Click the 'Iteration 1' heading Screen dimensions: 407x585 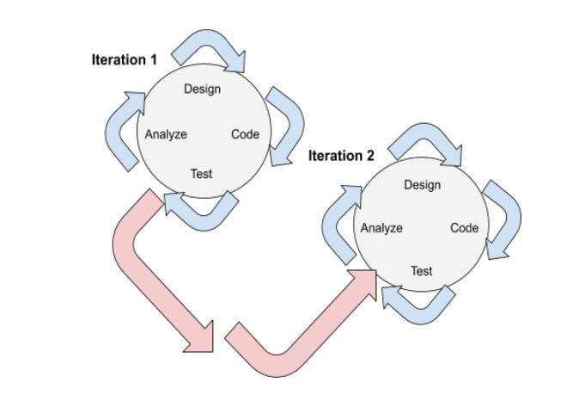point(125,60)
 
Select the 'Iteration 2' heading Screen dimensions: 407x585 point(341,156)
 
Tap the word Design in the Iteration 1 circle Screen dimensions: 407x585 point(202,89)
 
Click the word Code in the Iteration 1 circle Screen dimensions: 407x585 point(245,134)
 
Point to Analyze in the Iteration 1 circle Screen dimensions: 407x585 point(166,134)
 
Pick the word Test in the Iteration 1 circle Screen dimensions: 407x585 point(201,174)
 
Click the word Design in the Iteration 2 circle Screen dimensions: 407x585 point(422,184)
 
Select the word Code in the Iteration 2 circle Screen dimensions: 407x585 point(464,228)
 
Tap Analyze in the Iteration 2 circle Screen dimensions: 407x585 point(381,228)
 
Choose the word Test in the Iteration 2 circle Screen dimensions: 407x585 point(421,270)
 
